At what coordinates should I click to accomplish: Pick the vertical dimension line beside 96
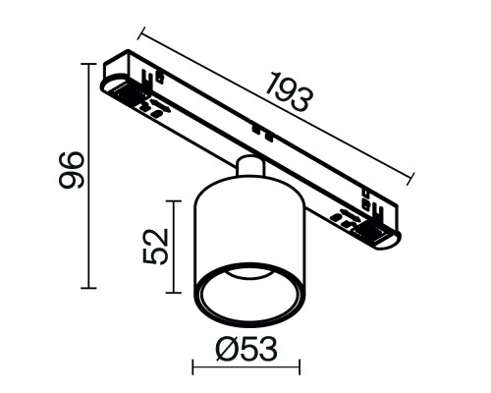(x=91, y=177)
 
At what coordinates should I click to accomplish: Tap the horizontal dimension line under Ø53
(x=245, y=370)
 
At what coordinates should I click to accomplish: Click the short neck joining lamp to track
(x=249, y=164)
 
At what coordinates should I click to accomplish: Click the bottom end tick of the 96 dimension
(x=91, y=288)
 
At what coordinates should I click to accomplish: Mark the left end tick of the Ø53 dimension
(x=192, y=370)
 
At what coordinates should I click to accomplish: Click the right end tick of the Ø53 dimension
(x=299, y=370)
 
